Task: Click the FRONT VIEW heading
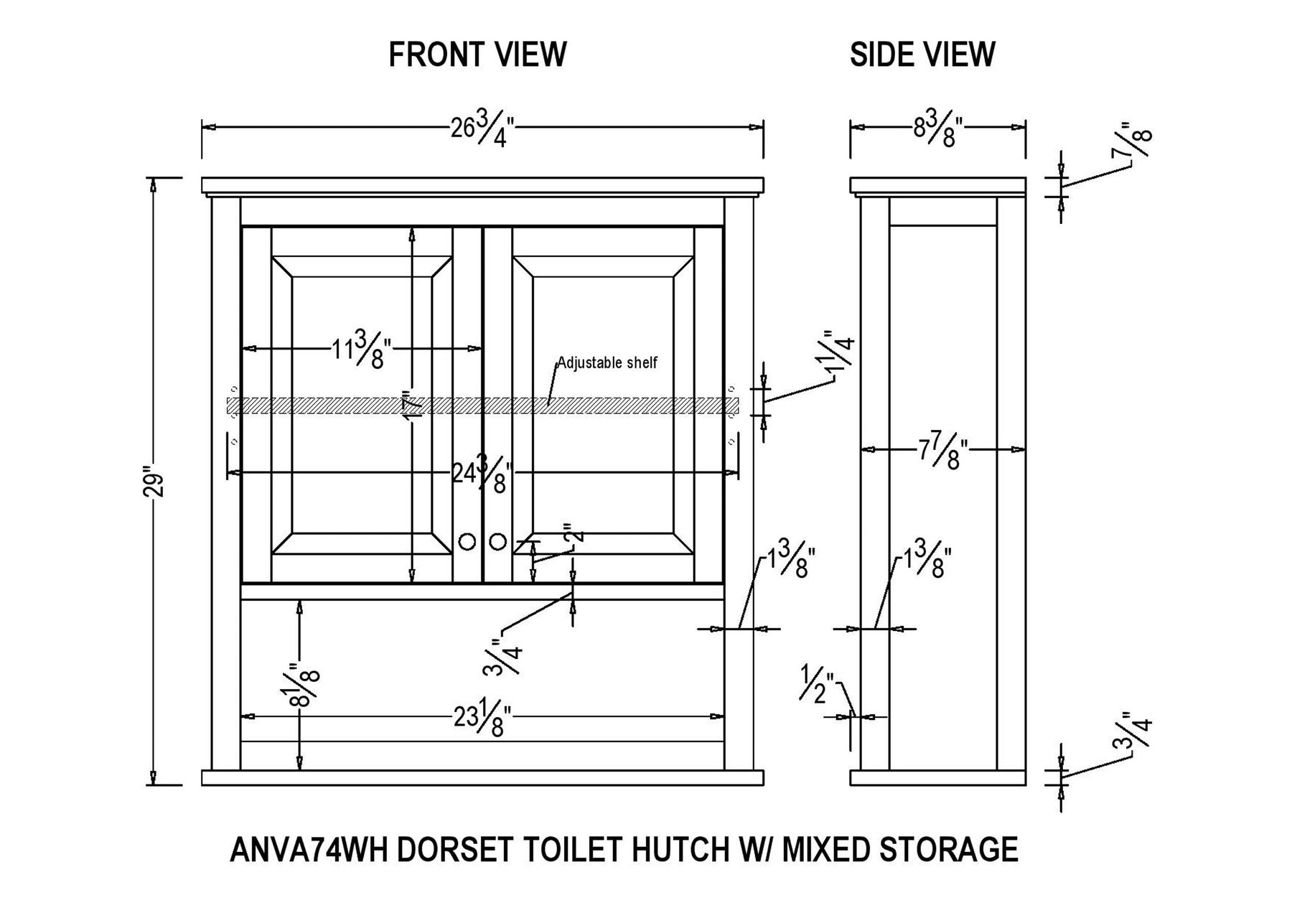click(x=477, y=55)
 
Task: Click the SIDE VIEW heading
click(x=922, y=55)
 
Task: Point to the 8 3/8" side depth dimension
click(x=937, y=130)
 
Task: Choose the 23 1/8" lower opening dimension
click(x=482, y=718)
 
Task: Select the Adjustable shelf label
click(x=607, y=362)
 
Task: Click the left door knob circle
click(x=467, y=542)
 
